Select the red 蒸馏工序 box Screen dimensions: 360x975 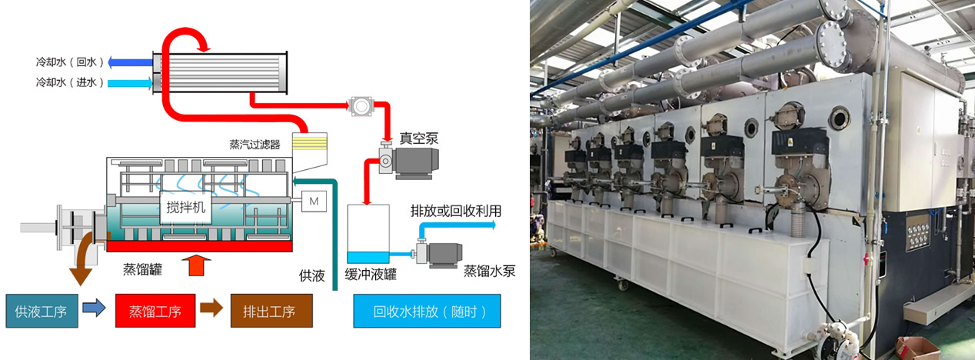point(155,312)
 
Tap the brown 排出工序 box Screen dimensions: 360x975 point(271,312)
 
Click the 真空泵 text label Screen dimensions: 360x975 point(418,138)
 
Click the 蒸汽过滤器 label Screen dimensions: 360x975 point(255,144)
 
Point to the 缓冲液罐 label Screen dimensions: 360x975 point(370,275)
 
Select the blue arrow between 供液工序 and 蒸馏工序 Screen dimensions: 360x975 point(94,310)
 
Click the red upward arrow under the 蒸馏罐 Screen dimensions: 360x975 point(198,266)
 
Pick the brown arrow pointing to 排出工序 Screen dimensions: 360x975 point(211,309)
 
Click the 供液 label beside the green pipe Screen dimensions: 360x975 point(311,275)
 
